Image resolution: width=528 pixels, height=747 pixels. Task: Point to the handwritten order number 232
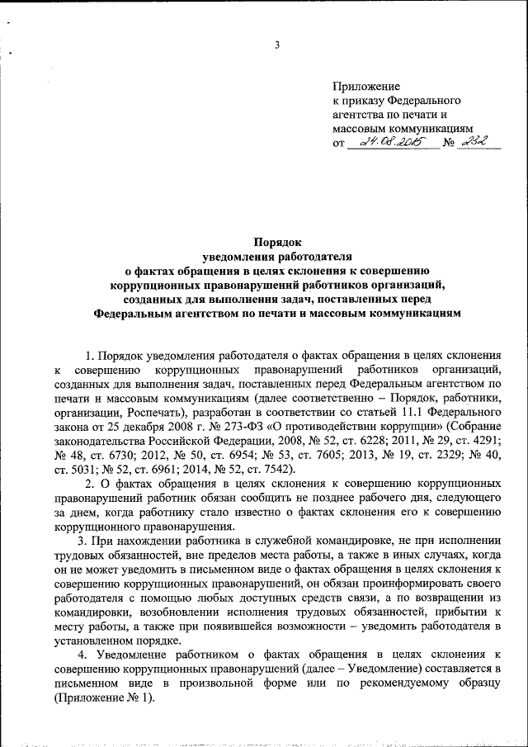[474, 142]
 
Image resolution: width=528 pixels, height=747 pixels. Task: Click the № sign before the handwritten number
[450, 144]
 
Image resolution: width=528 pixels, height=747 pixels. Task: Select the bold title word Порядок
[277, 244]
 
